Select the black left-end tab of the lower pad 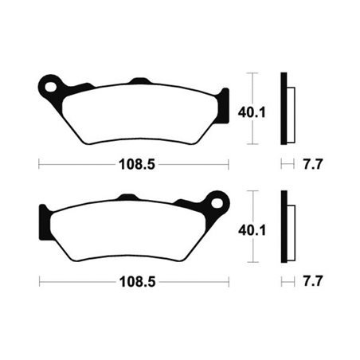pyautogui.click(x=43, y=219)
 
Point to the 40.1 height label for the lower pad pyautogui.click(x=249, y=229)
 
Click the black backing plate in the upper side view pyautogui.click(x=283, y=109)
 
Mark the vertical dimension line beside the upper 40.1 pyautogui.click(x=252, y=88)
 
